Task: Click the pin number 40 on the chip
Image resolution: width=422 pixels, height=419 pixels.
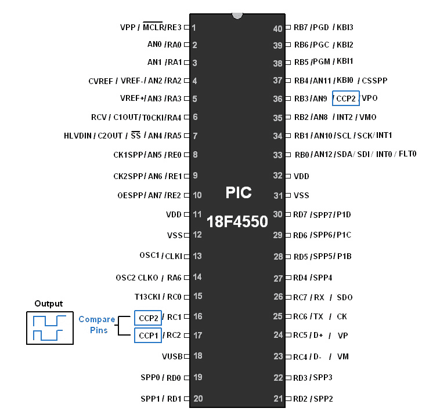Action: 277,28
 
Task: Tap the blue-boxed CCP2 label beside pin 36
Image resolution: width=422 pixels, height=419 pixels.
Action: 346,99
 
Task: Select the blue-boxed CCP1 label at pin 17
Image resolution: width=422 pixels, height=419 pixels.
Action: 148,335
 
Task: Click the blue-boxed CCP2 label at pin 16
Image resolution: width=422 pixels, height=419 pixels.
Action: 148,318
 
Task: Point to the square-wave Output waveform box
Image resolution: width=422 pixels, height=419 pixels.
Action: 49,327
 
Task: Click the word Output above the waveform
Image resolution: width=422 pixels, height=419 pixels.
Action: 49,304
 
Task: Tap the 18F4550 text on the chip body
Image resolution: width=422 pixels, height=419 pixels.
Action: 237,221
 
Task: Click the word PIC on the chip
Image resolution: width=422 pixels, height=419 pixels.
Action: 238,193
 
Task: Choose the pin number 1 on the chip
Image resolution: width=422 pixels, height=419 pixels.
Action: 194,27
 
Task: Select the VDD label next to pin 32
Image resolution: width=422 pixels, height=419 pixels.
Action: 301,176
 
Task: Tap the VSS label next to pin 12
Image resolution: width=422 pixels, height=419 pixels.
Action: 174,235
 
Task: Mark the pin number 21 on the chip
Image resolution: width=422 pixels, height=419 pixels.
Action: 277,399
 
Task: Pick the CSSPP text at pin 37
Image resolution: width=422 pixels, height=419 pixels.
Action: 374,81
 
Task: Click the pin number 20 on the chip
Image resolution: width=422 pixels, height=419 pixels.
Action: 197,399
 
